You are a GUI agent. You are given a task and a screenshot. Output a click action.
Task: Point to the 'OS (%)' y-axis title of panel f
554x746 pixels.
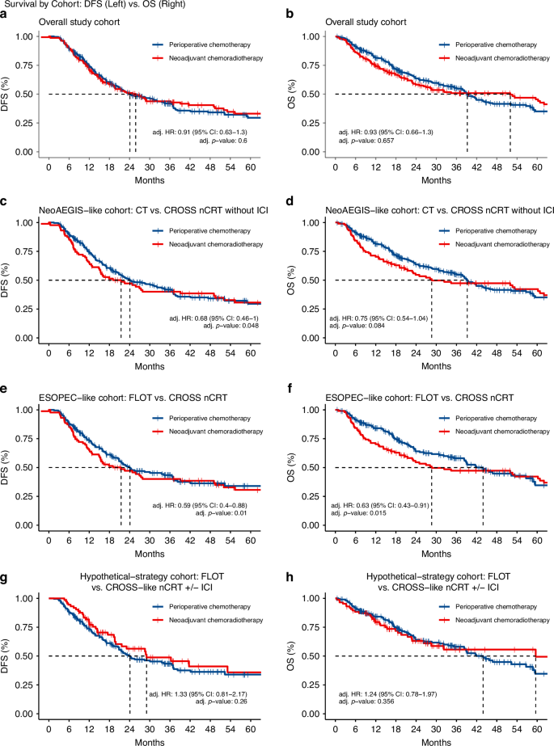click(295, 466)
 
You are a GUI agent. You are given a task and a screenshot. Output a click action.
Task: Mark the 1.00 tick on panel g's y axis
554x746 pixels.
click(29, 598)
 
